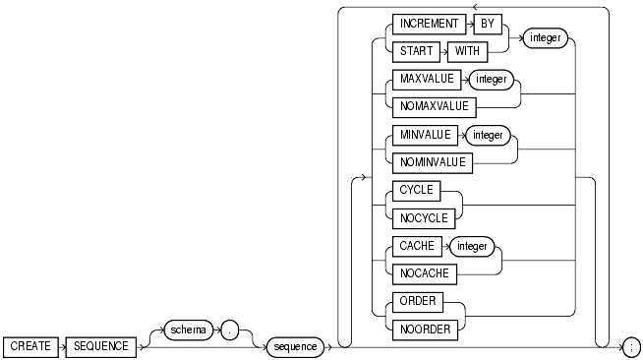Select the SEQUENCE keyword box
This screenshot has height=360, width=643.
(99, 346)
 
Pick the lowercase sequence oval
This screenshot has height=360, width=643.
(295, 346)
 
